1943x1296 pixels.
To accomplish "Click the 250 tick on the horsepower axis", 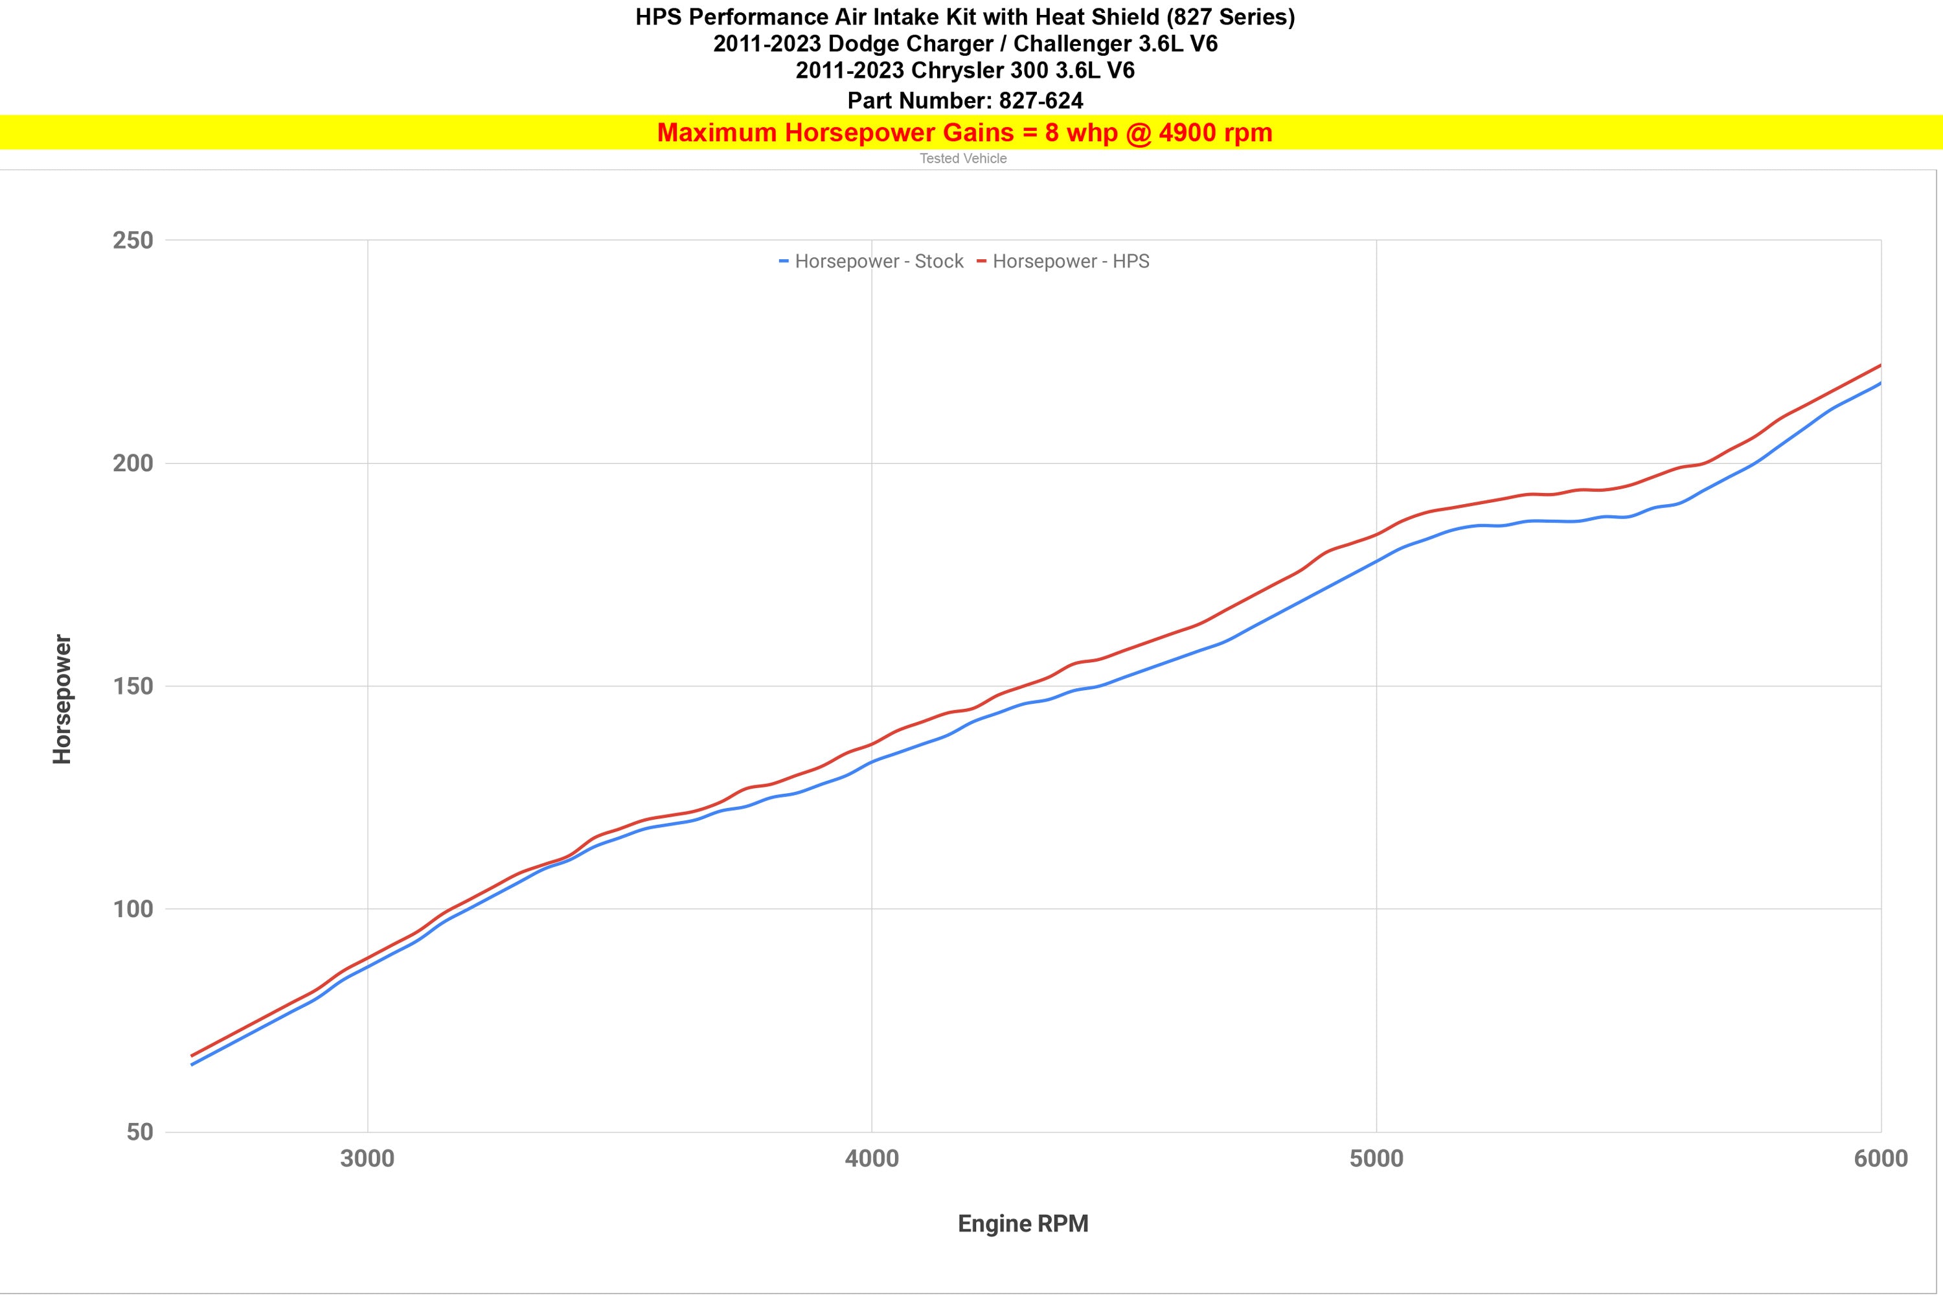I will [133, 240].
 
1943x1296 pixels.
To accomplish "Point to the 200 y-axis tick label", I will [133, 464].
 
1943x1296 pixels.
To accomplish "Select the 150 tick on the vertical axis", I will [133, 686].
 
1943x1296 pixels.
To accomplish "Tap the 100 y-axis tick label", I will [133, 909].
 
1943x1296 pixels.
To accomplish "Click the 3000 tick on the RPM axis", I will [368, 1159].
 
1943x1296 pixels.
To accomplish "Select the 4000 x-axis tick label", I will [872, 1159].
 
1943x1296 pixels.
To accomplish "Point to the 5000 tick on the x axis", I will [1376, 1159].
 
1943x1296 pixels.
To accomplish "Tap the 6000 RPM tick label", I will [1880, 1159].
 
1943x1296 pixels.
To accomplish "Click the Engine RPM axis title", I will [1023, 1224].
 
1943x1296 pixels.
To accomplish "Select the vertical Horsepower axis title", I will [63, 699].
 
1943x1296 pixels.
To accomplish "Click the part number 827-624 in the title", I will [1041, 101].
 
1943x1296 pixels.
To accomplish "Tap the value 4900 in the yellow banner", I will [1187, 133].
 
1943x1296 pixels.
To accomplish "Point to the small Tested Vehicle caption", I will [963, 159].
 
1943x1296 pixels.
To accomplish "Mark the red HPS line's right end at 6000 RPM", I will [1880, 365].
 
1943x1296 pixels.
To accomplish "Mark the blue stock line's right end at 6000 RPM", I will [1880, 384].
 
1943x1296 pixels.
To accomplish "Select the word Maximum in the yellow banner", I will [716, 133].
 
